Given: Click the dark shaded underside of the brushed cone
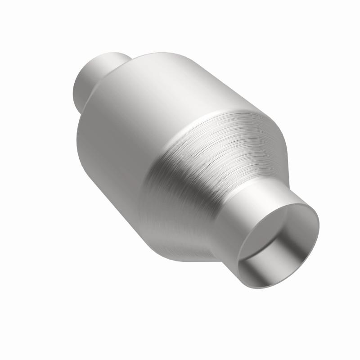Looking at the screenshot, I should [180, 234].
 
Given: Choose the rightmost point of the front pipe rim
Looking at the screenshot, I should [319, 225].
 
